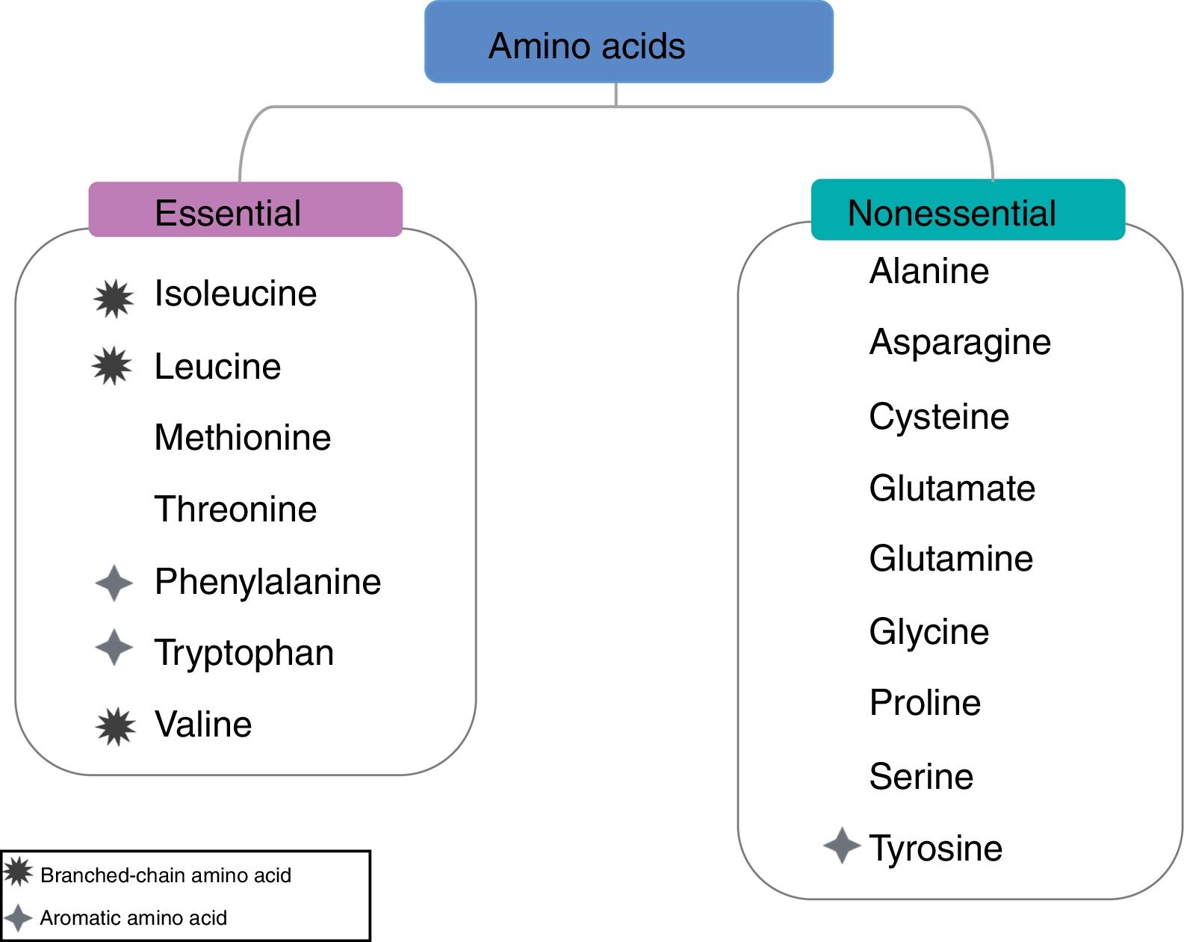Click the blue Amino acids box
coord(628,43)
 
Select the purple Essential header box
coord(245,210)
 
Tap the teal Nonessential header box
coord(967,210)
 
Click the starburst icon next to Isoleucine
coord(114,299)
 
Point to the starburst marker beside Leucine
coord(112,366)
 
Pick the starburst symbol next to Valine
coord(116,726)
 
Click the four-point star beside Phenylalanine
coord(114,583)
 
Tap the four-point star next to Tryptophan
coord(114,647)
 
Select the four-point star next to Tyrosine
coord(842,846)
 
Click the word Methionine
coord(242,438)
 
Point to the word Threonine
coord(235,509)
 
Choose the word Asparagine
coord(960,343)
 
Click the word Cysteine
coord(939,417)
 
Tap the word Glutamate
coord(952,489)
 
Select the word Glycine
coord(929,632)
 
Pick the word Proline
coord(925,703)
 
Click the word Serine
coord(921,777)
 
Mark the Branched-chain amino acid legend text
coord(165,876)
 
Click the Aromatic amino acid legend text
coord(133,918)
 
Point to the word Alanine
coord(929,271)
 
